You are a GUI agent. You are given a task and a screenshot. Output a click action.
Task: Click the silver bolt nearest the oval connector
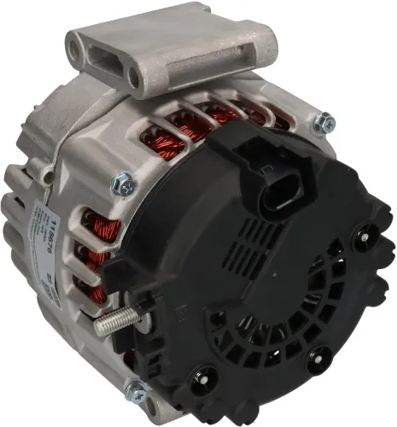click(x=322, y=125)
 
